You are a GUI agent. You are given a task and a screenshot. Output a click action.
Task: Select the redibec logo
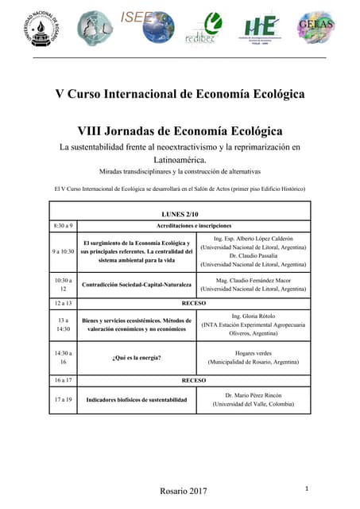211,31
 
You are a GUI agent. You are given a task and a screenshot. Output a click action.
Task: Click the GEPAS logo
315,29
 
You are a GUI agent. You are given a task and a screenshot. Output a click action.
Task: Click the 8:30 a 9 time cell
63,226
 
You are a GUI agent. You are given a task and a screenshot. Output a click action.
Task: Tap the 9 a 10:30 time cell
63,251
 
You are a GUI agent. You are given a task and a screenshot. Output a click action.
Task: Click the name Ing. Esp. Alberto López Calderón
254,239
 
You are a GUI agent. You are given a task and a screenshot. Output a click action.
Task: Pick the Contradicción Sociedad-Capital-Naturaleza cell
136,285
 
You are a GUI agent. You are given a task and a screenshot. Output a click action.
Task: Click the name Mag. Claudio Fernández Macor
254,280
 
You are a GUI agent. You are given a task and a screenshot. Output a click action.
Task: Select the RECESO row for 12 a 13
193,304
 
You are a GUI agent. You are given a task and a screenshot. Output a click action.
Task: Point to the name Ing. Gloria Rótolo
254,316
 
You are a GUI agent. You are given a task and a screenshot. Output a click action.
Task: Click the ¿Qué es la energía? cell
136,357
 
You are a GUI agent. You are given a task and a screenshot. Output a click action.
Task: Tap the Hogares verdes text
254,352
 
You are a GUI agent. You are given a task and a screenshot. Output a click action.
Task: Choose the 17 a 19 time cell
63,399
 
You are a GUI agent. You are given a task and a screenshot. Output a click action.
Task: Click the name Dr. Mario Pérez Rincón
254,394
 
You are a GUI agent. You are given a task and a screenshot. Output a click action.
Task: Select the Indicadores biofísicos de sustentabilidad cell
136,399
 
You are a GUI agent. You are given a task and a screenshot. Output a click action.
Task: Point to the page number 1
306,487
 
